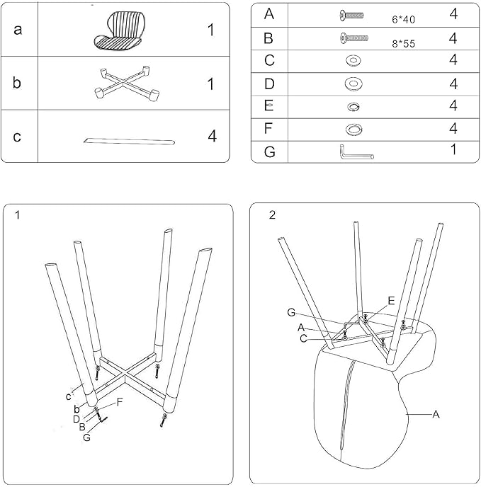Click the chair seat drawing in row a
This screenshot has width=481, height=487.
tap(120, 30)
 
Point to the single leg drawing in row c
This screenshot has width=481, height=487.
tap(129, 142)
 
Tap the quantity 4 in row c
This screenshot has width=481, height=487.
tap(212, 136)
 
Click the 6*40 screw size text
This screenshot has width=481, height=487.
tap(403, 20)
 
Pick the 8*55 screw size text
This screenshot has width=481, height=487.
tap(403, 44)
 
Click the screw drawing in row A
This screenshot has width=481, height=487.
tap(351, 16)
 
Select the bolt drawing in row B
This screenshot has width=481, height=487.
tap(354, 38)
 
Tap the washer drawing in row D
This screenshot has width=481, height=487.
tap(353, 84)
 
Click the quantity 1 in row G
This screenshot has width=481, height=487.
tap(453, 149)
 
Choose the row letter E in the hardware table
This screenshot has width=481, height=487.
tap(269, 105)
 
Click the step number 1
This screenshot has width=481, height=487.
tap(18, 215)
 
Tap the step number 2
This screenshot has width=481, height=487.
tap(272, 215)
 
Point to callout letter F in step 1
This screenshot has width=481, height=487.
tap(120, 403)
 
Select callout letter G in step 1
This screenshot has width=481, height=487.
tap(86, 437)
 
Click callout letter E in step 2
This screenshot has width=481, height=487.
tap(392, 301)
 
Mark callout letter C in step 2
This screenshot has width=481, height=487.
tap(304, 338)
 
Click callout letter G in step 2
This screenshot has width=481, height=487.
tap(291, 312)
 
